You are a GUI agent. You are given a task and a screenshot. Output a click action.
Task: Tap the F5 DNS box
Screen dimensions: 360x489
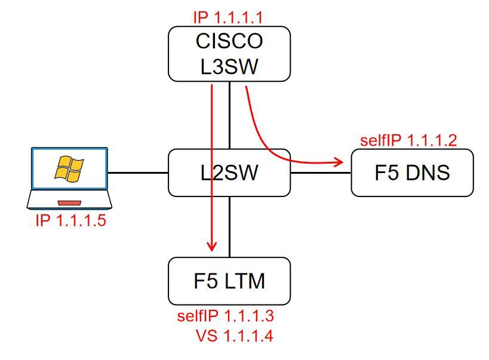[412, 173]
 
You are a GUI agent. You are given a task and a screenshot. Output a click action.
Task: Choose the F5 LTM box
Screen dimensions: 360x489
[229, 281]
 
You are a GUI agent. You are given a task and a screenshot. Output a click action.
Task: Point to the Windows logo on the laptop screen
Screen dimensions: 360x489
[69, 168]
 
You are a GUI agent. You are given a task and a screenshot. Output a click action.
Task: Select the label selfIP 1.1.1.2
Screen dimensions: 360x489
[408, 140]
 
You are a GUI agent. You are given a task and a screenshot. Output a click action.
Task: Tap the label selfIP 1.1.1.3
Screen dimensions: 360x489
[225, 316]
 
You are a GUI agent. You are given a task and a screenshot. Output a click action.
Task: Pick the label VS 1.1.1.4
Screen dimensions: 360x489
[234, 336]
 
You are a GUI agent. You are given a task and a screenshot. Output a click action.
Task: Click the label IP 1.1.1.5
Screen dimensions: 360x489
[71, 221]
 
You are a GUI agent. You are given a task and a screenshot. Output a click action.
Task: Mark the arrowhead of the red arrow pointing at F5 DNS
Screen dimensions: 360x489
[340, 161]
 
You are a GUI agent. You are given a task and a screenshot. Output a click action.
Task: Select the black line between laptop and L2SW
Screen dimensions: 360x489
[138, 173]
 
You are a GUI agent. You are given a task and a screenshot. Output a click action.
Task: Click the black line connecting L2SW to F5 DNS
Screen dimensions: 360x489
[320, 173]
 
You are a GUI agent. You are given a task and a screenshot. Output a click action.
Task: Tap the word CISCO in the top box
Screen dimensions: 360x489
[229, 42]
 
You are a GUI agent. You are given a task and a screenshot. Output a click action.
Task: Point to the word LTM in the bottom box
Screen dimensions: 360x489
[245, 281]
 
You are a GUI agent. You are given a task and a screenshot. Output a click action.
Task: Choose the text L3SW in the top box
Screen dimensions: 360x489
[229, 66]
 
